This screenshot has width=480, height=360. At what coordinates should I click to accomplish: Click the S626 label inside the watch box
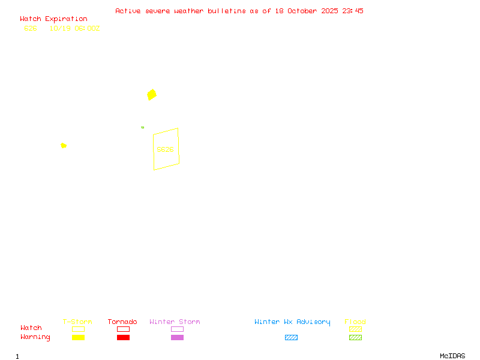[x=165, y=149]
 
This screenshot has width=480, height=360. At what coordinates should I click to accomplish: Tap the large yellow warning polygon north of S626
[x=152, y=94]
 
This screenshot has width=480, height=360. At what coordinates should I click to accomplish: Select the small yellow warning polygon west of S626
[x=64, y=145]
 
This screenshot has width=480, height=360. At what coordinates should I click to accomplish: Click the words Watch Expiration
[x=53, y=19]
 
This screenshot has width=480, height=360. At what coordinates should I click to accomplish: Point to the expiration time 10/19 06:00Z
[x=74, y=28]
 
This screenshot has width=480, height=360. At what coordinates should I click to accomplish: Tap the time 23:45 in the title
[x=353, y=11]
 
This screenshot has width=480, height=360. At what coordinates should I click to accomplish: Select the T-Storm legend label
[x=77, y=322]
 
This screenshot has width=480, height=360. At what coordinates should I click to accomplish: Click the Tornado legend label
[x=122, y=322]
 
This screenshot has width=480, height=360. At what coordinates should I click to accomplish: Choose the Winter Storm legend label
[x=175, y=322]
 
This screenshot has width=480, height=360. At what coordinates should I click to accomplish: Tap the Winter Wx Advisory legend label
[x=292, y=322]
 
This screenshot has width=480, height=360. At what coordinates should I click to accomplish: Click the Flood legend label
[x=355, y=322]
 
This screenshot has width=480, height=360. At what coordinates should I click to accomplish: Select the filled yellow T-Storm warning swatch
[x=78, y=337]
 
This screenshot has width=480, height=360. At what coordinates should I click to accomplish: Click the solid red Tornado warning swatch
[x=123, y=337]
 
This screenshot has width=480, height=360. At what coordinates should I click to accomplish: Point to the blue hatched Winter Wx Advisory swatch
[x=291, y=337]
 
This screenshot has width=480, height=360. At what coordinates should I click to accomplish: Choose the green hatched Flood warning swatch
[x=355, y=337]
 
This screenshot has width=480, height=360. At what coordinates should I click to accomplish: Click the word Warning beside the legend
[x=35, y=337]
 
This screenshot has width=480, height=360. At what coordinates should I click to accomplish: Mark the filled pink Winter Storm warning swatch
[x=177, y=337]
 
